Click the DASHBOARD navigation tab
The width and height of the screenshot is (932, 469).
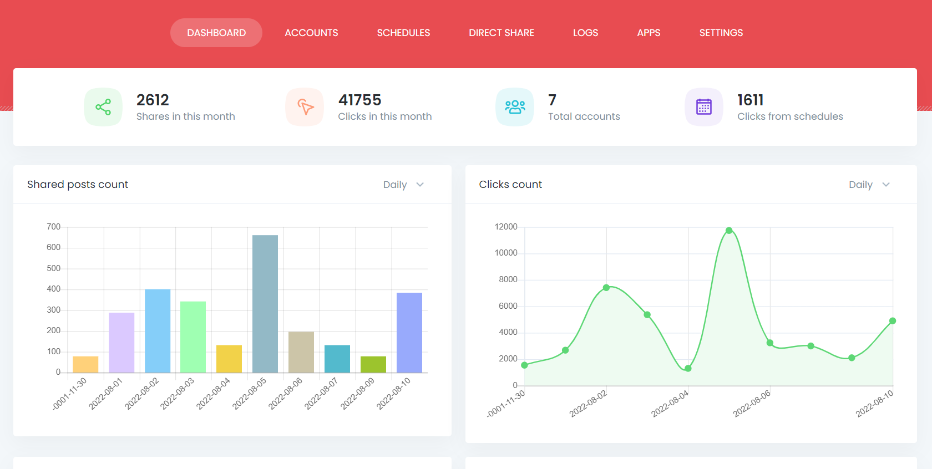216,33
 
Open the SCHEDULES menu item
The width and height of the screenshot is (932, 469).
403,33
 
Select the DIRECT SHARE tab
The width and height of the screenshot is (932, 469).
502,33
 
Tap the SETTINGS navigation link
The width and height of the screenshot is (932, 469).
721,33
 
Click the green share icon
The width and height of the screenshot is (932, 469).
103,107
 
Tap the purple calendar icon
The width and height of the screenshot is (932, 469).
704,107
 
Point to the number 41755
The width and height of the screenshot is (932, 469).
360,100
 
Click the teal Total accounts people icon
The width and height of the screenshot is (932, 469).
515,107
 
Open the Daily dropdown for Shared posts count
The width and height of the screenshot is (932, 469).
403,185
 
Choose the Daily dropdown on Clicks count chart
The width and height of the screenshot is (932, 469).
869,185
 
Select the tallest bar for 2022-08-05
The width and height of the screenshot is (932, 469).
265,304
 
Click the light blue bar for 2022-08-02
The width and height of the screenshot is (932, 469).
158,331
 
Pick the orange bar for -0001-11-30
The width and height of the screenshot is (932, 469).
85,364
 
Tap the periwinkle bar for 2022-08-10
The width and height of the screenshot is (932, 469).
409,333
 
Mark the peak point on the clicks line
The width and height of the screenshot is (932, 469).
729,231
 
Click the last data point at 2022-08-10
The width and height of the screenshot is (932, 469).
893,321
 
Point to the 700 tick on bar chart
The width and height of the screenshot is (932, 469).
54,227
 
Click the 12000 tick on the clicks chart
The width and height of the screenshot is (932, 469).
506,227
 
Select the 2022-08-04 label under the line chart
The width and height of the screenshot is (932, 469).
670,403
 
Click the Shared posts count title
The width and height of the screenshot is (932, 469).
78,185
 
